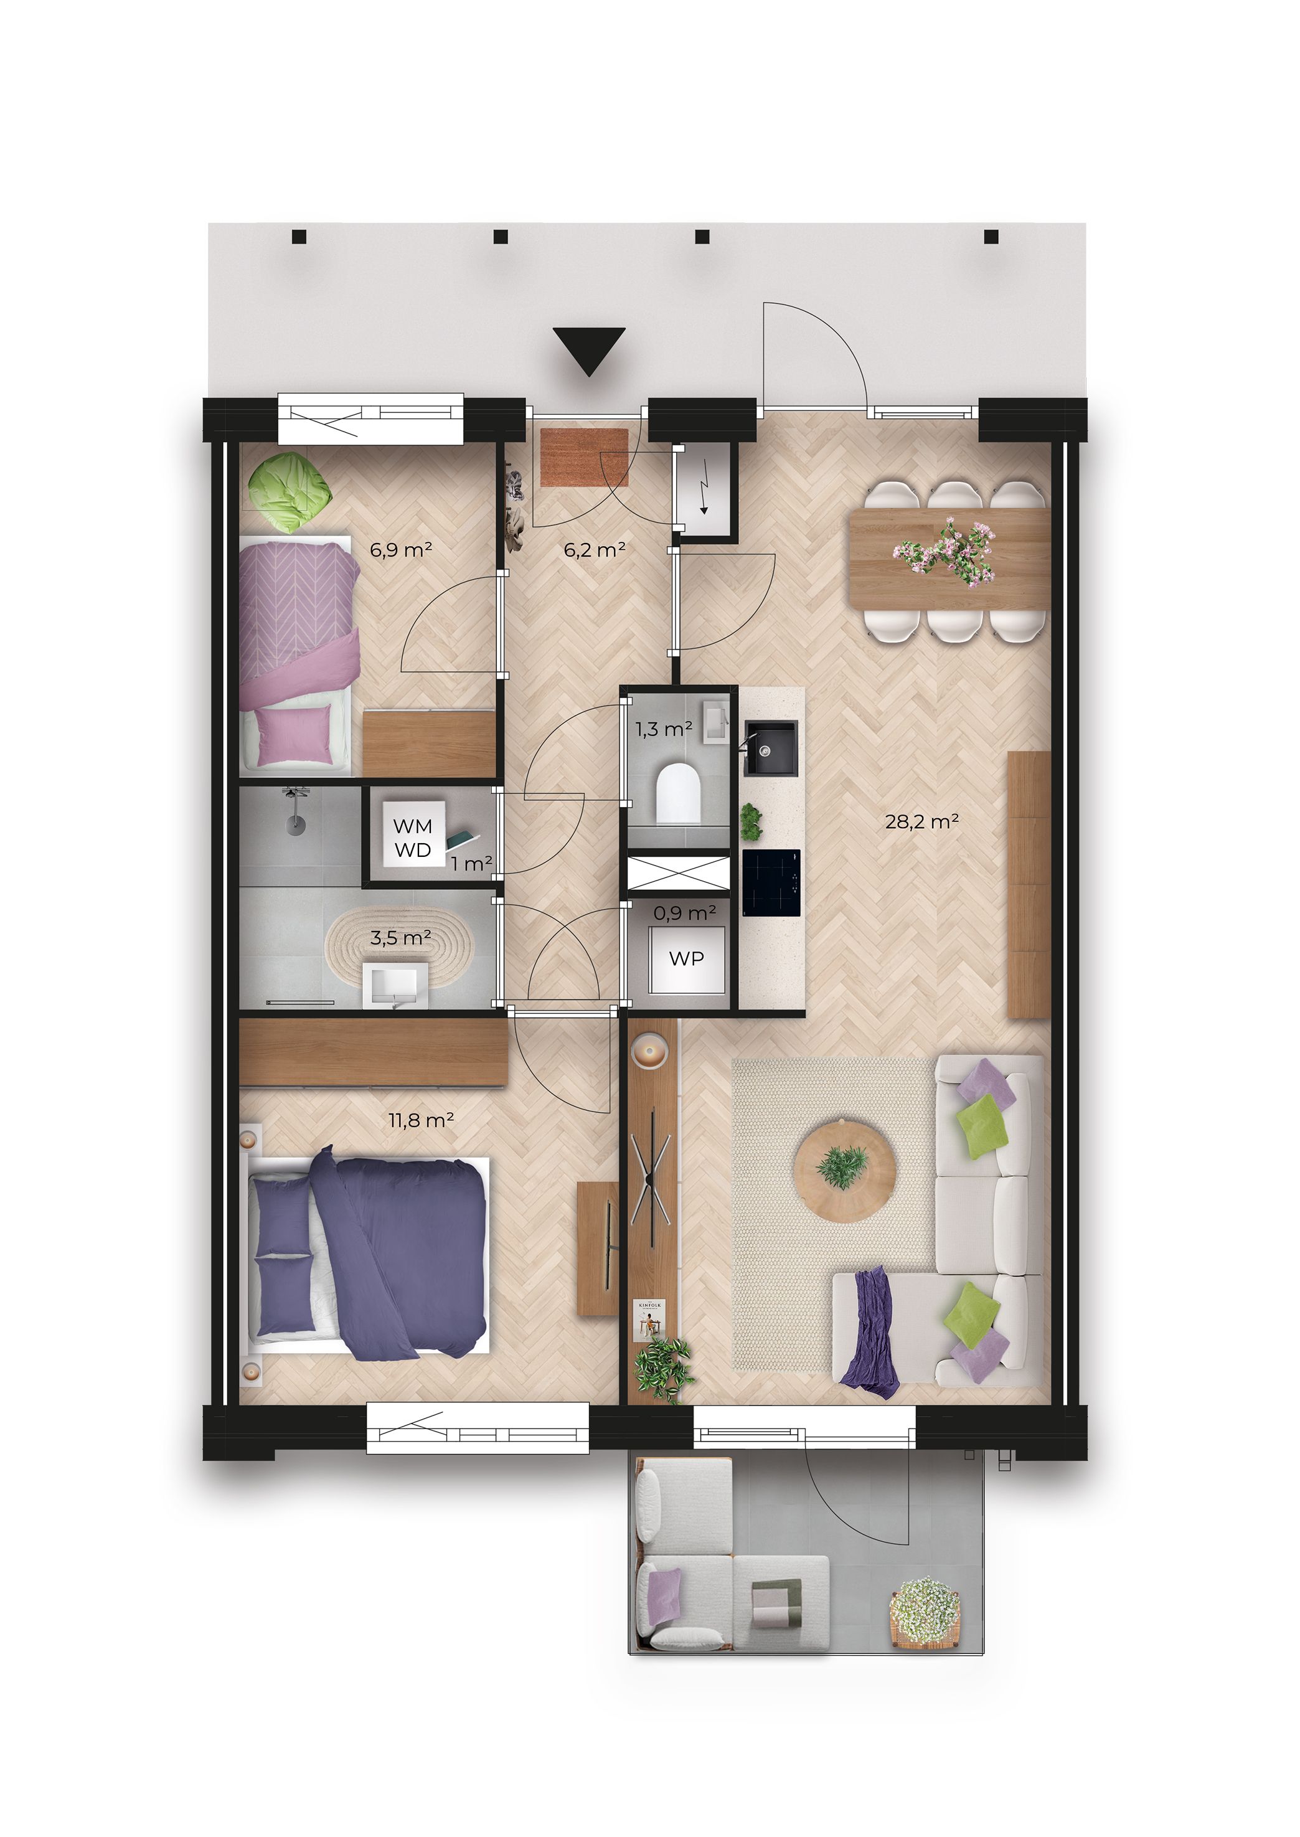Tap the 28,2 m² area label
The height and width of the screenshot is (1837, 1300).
click(x=921, y=821)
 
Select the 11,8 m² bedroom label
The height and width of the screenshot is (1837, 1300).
click(x=421, y=1120)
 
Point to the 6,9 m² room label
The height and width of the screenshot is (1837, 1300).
click(x=400, y=550)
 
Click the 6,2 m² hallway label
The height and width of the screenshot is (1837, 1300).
click(x=594, y=550)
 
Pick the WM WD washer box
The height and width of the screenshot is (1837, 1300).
click(x=413, y=838)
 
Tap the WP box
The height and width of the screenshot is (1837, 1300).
click(x=686, y=959)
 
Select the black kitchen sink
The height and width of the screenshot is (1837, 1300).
click(x=771, y=748)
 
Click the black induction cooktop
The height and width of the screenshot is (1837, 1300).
click(x=771, y=883)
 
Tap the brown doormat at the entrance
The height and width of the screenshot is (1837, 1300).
click(x=585, y=457)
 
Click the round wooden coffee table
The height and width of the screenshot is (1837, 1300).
click(x=844, y=1170)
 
